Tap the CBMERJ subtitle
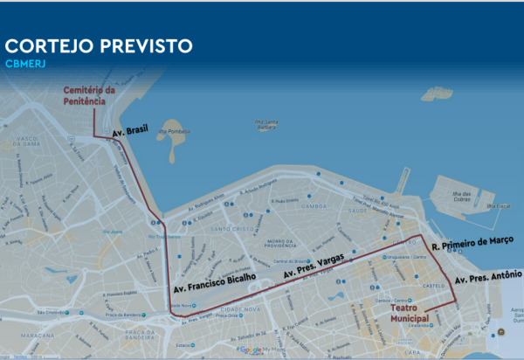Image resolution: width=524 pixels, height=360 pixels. point(25,64)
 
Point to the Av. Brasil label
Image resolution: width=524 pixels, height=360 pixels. point(130,131)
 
